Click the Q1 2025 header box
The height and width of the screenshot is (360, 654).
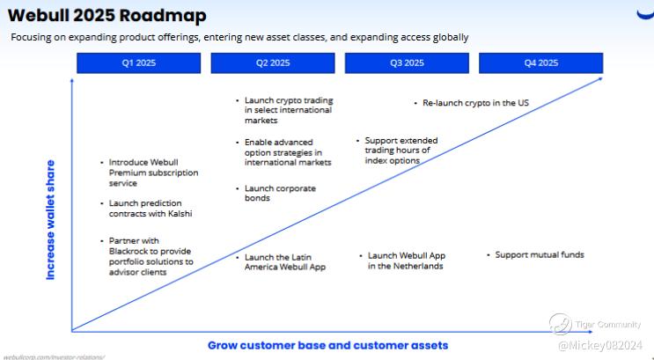click(139, 63)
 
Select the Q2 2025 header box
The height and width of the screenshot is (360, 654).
click(274, 63)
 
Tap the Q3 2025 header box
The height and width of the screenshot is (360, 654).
click(408, 63)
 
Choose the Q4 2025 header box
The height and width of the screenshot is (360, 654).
click(541, 63)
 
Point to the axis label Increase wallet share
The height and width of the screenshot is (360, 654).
click(50, 220)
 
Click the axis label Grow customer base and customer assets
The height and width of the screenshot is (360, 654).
click(327, 345)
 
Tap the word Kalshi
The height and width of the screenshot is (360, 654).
click(176, 214)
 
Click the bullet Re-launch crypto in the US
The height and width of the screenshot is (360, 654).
click(475, 103)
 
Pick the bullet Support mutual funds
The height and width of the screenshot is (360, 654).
click(539, 255)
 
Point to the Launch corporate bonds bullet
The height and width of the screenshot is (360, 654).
click(280, 194)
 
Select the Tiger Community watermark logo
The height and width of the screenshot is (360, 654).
click(561, 324)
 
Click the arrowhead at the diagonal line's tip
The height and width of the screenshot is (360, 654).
click(601, 77)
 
